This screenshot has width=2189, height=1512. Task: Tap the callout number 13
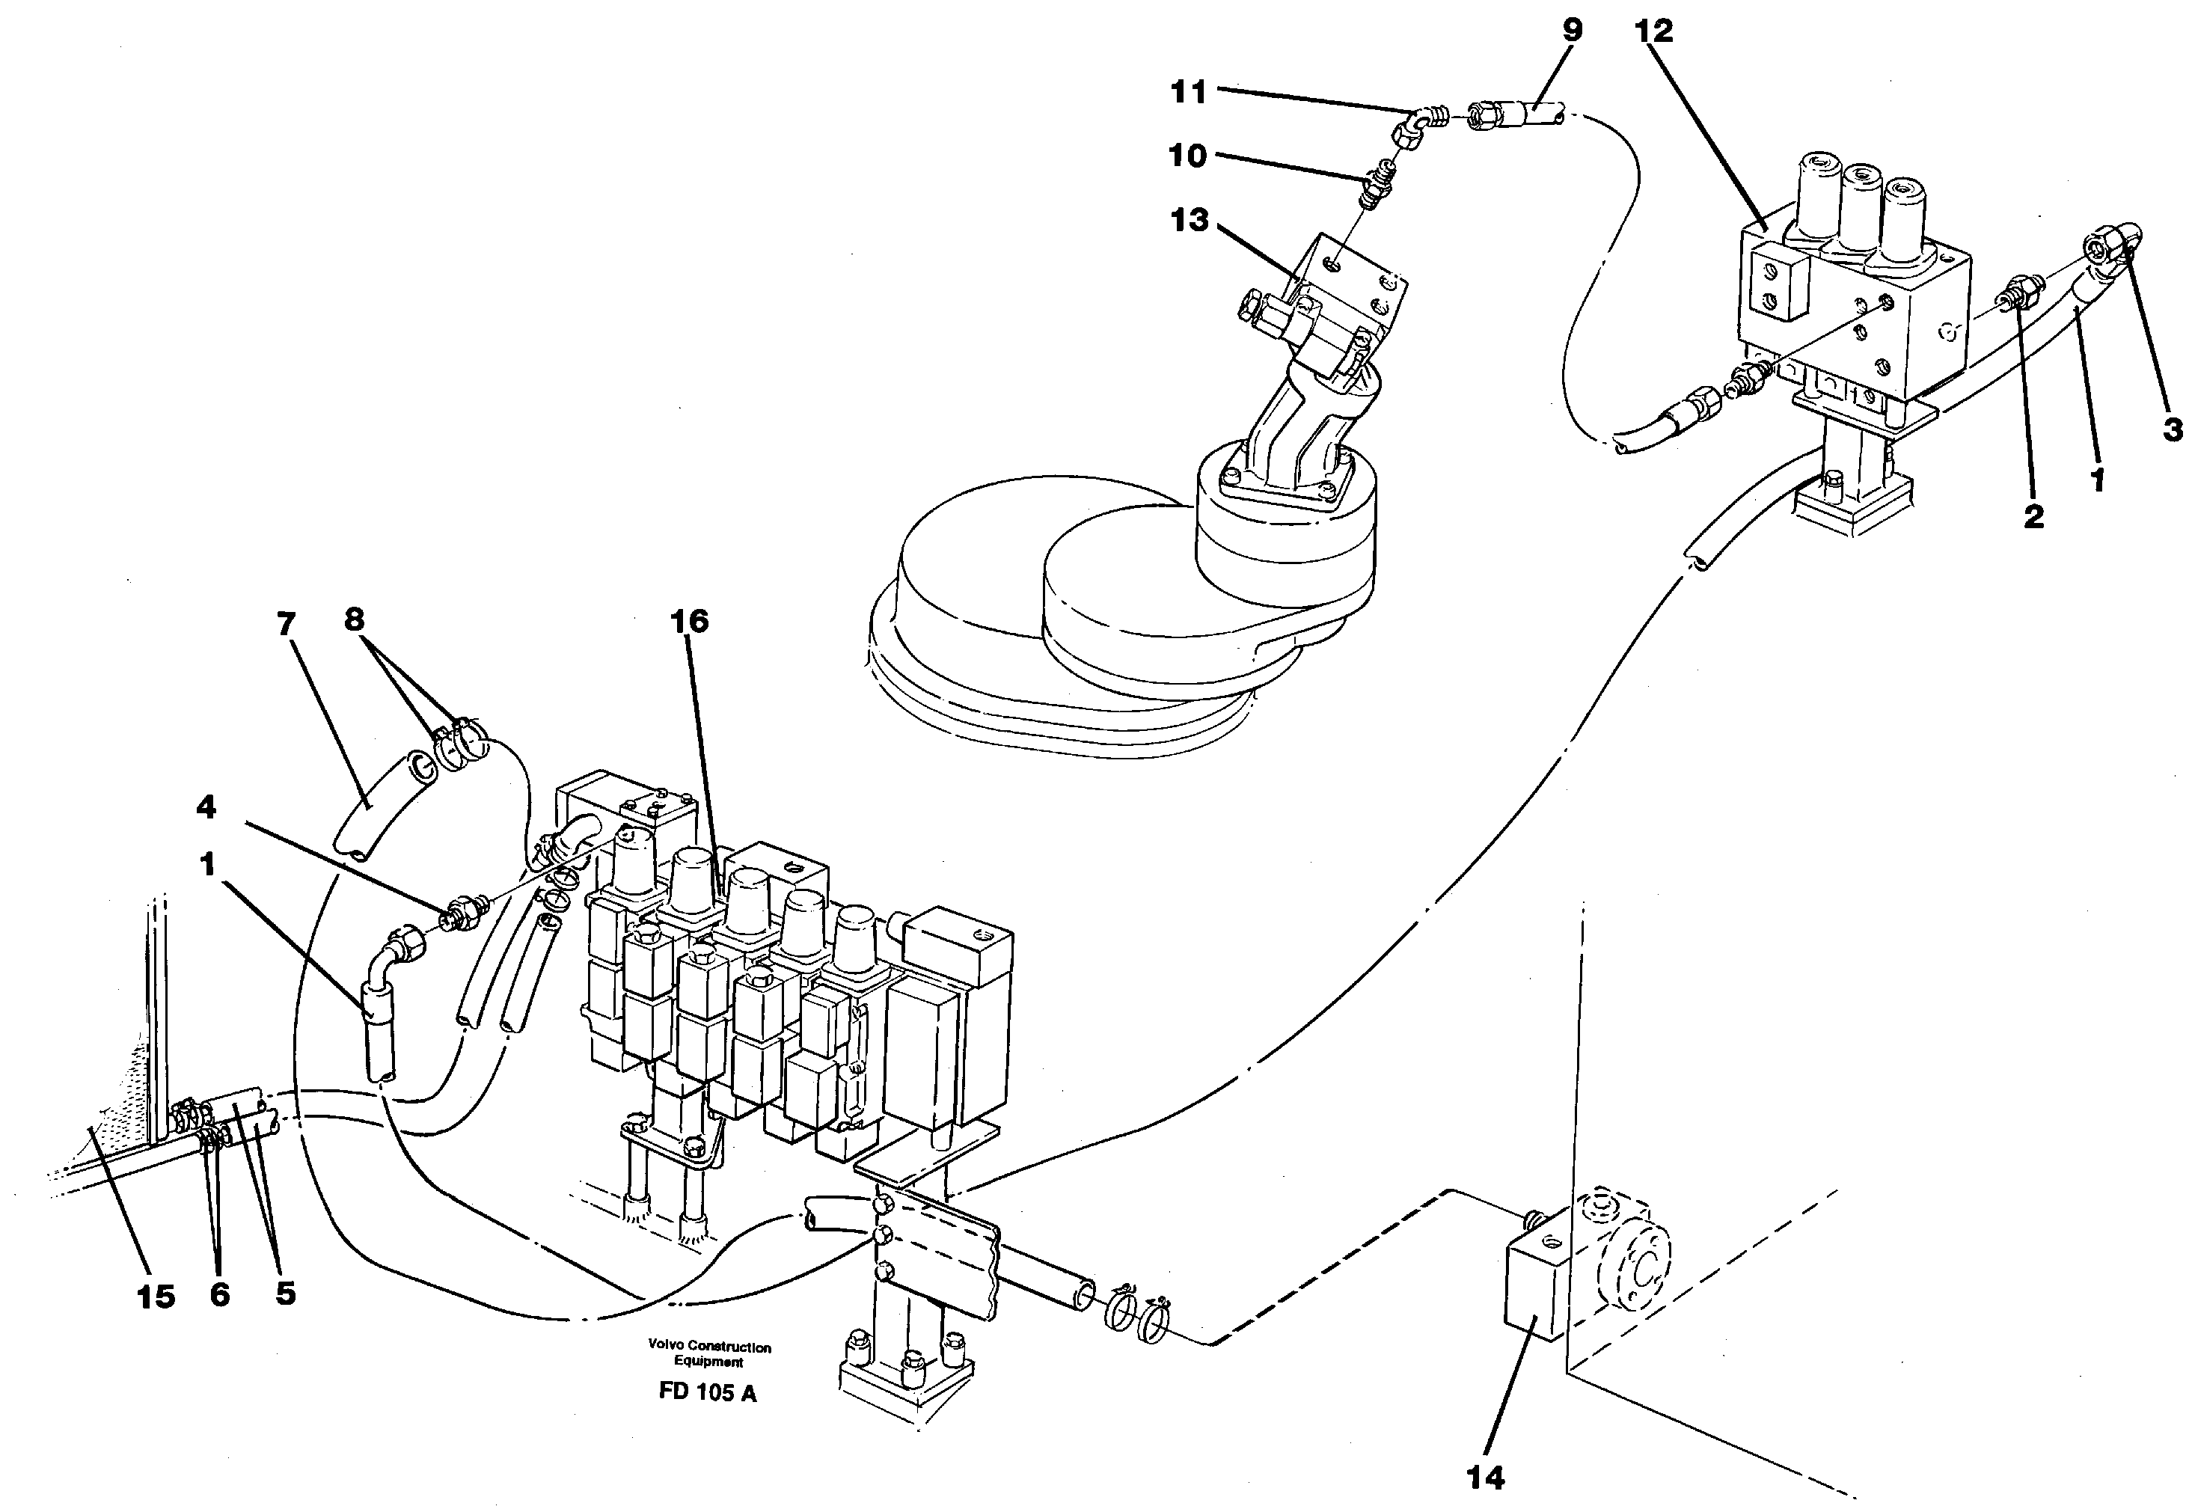point(1190,220)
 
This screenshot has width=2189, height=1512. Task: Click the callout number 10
point(1187,154)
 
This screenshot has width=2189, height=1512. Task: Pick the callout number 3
point(2172,429)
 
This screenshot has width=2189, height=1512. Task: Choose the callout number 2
point(2033,516)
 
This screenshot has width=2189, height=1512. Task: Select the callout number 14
point(1484,1477)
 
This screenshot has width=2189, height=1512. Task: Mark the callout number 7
point(285,623)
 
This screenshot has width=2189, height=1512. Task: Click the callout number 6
point(218,1295)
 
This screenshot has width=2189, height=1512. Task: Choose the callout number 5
point(285,1293)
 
